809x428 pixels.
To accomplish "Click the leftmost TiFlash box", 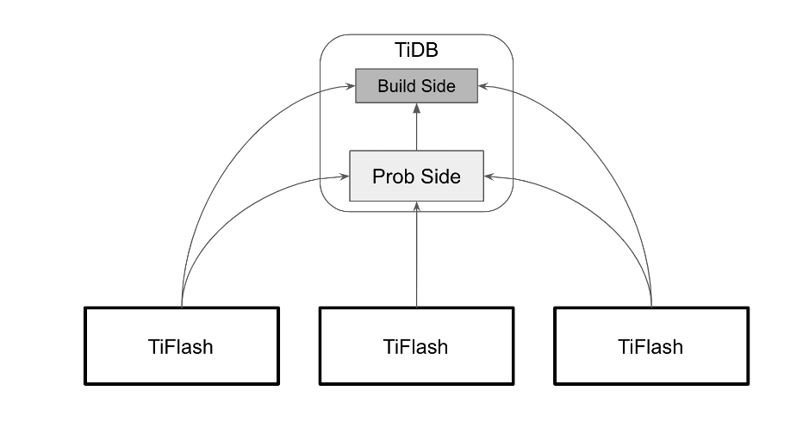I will [x=182, y=345].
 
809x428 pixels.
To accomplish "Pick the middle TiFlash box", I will [x=416, y=345].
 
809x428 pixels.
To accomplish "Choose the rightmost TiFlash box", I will [x=650, y=345].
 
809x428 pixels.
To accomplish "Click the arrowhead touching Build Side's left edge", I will [x=351, y=86].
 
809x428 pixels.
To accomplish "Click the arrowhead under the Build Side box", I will [x=416, y=108].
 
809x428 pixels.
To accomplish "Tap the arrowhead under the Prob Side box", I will [x=416, y=207].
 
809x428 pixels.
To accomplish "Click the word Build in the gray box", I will [x=396, y=85].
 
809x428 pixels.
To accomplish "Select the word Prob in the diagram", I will [x=392, y=177].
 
